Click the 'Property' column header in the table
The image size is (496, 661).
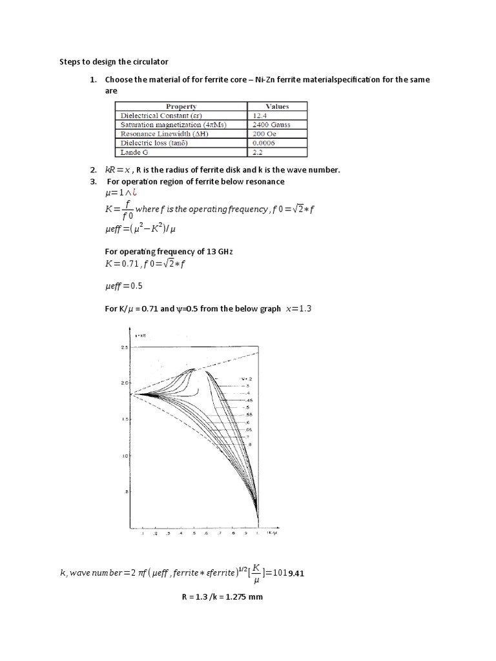(x=181, y=107)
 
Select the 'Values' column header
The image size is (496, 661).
(x=277, y=107)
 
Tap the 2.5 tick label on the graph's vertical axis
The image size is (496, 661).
(x=125, y=348)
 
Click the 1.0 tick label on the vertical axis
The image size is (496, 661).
(x=125, y=456)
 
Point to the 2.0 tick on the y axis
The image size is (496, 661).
(x=125, y=383)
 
